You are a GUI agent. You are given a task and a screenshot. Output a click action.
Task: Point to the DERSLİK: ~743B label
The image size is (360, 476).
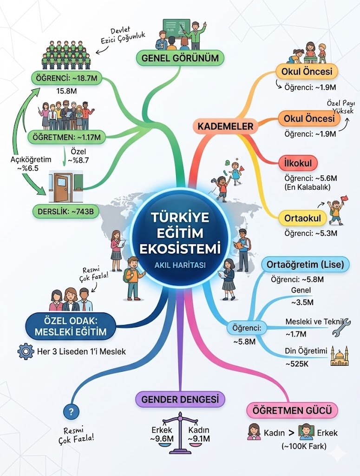click(65, 212)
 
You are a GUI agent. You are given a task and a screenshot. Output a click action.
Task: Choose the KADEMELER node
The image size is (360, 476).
click(225, 126)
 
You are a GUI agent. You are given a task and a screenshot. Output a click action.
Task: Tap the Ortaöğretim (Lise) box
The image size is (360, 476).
click(305, 265)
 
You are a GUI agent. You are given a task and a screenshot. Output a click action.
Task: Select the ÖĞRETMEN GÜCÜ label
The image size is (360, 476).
click(292, 411)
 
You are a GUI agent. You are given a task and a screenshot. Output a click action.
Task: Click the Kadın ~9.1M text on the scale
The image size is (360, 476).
click(199, 434)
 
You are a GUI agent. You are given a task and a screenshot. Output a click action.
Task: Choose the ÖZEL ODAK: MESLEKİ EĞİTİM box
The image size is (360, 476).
click(70, 325)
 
